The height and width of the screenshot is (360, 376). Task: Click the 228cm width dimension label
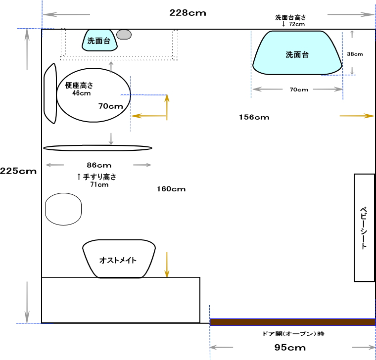tap(188, 13)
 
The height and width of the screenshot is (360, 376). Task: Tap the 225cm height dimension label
tap(18, 171)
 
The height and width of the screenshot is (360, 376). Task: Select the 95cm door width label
tap(290, 347)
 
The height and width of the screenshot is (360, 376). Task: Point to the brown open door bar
tap(292, 322)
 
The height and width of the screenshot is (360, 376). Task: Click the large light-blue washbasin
tap(297, 53)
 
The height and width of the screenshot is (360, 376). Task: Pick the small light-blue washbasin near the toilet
tap(99, 40)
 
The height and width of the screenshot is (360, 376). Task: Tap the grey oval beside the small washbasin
tap(124, 35)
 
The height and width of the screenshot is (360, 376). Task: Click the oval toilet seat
tap(94, 95)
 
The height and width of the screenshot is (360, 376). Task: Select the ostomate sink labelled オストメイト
tap(119, 259)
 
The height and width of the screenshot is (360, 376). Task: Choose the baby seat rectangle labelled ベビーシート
tap(364, 227)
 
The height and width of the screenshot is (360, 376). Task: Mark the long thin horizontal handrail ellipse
tap(97, 148)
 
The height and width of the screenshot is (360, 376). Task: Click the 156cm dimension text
tap(254, 117)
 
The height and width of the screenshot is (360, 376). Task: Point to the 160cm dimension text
tap(171, 189)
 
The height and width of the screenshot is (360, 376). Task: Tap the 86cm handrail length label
tap(99, 165)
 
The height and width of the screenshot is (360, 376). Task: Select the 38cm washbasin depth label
tap(355, 54)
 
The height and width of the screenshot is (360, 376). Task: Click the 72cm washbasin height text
tap(297, 24)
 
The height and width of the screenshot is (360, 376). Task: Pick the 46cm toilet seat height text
tap(82, 93)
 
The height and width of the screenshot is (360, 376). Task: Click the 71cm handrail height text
tap(99, 184)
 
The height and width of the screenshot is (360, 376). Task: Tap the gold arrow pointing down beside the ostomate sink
tap(167, 265)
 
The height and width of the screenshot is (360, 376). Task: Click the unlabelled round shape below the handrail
tap(63, 209)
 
